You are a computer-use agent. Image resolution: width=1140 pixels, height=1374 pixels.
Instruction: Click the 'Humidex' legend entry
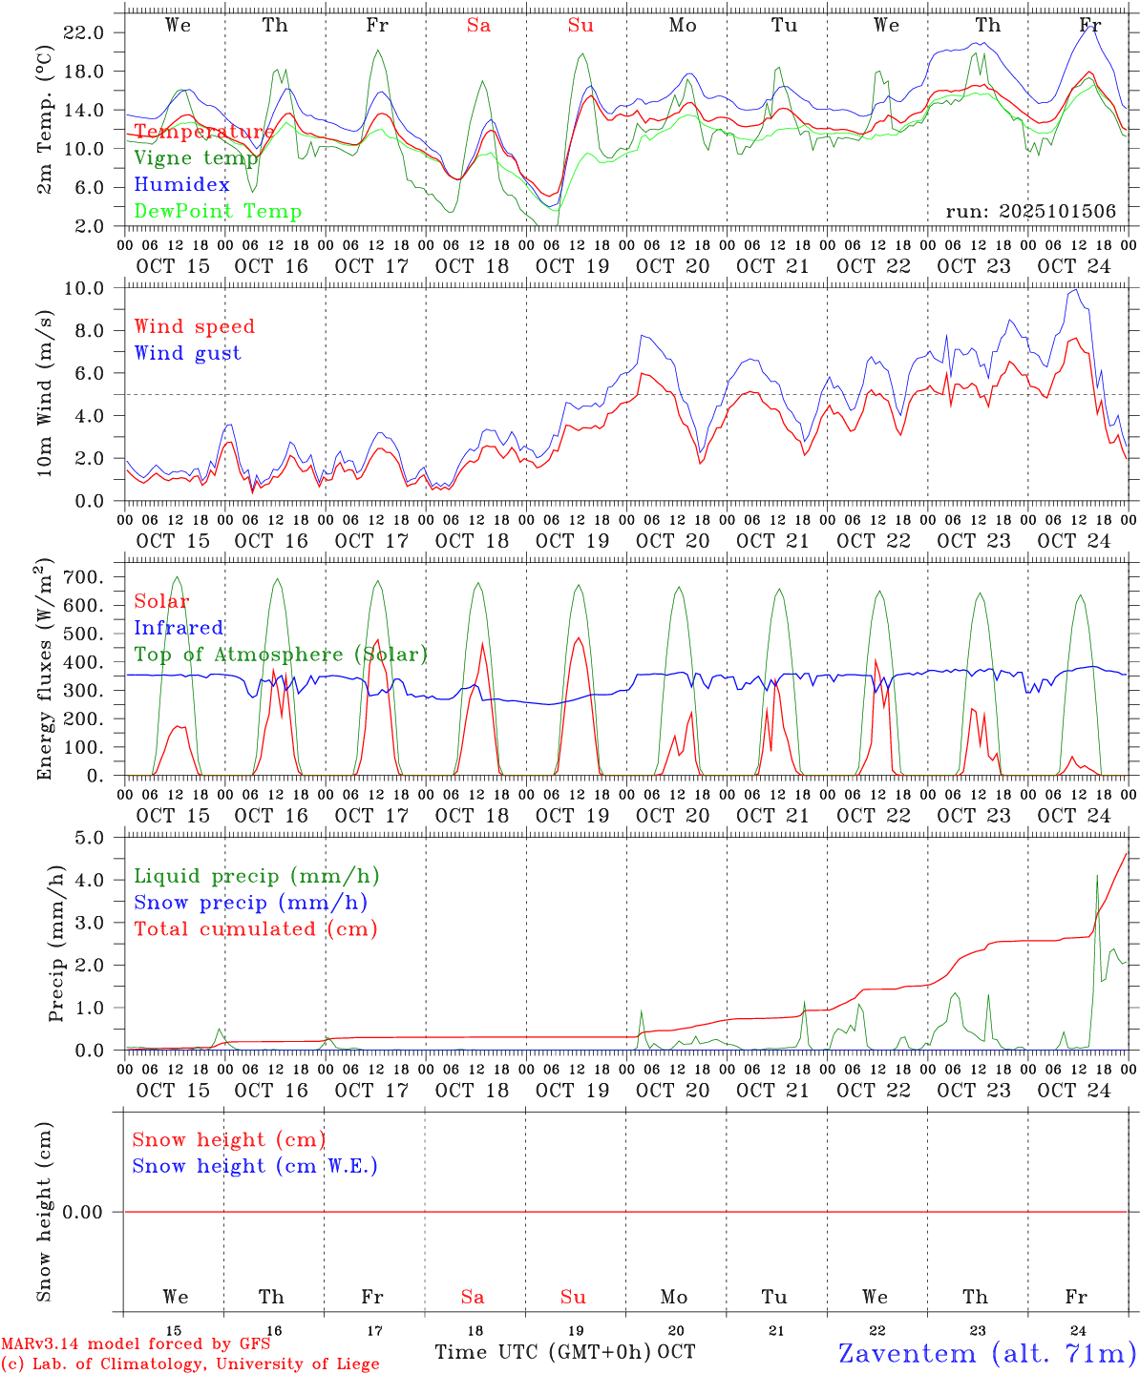tap(181, 185)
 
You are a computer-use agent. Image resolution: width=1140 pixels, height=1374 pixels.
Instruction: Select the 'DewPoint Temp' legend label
tap(218, 212)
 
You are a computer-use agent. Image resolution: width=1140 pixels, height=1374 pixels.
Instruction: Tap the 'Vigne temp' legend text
tap(195, 158)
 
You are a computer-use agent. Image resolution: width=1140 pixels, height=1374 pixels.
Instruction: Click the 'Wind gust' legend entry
tap(187, 353)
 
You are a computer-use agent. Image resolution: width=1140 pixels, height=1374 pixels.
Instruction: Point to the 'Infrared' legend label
tap(179, 628)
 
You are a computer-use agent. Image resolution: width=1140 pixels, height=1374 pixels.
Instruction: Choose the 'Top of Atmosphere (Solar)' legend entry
tap(280, 655)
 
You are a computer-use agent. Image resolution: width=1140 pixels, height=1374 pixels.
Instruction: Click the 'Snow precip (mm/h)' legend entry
tap(250, 903)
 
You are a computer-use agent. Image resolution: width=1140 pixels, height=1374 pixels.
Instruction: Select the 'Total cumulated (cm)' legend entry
tap(255, 929)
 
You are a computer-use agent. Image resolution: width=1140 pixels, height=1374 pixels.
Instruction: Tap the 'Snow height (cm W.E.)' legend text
tap(254, 1166)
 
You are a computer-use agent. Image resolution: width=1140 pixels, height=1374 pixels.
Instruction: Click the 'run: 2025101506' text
tap(1030, 212)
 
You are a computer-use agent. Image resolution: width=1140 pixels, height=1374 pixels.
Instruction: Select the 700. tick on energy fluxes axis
tap(84, 577)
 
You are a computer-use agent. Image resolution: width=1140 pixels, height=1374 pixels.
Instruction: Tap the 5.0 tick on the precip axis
tap(89, 838)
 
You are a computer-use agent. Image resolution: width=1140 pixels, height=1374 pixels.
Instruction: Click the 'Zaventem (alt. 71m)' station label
tap(986, 1353)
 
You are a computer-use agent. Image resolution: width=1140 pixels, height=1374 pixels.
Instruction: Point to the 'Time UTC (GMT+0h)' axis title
tap(542, 1352)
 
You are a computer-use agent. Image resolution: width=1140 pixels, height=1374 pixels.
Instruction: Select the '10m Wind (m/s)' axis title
tap(45, 393)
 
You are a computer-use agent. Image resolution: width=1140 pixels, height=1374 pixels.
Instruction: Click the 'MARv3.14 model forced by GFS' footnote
tap(135, 1344)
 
